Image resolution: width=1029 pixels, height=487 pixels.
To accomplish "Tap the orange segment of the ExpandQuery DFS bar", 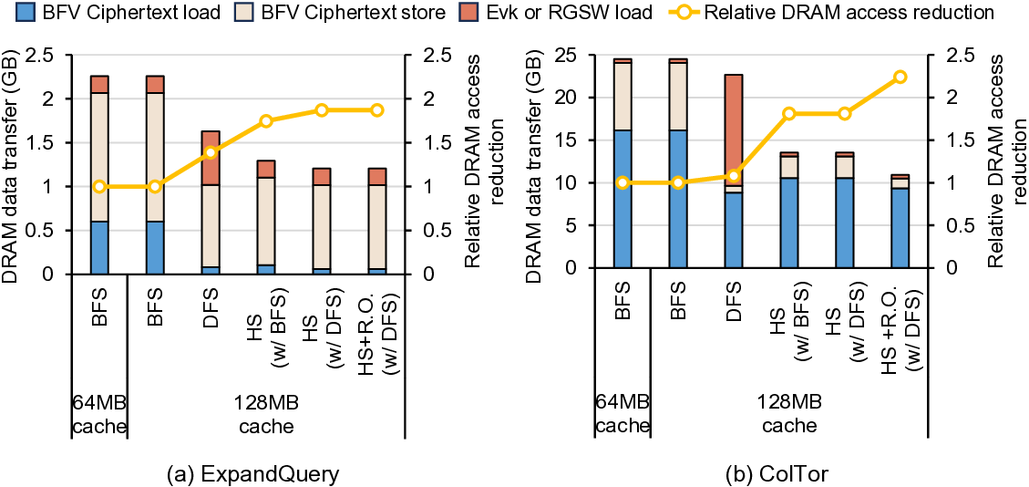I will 211,158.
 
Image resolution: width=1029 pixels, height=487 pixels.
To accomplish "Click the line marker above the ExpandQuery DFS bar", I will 211,152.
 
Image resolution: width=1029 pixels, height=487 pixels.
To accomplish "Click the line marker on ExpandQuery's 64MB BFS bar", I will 98,186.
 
